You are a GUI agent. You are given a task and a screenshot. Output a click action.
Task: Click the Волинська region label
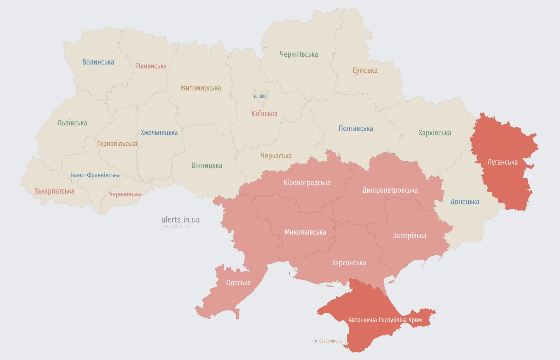[x=98, y=62]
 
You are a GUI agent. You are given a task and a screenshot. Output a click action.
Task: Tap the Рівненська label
[x=151, y=66]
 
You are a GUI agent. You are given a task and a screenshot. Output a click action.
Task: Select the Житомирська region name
[x=200, y=88]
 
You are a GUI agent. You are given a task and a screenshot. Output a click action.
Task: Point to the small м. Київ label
[x=260, y=96]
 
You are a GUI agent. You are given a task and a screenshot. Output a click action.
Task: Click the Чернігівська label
[x=299, y=54]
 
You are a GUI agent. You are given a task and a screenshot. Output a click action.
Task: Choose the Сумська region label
[x=365, y=71]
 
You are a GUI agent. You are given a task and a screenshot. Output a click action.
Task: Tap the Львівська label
[x=72, y=123]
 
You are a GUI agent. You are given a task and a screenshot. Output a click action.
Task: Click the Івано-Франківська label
[x=95, y=175]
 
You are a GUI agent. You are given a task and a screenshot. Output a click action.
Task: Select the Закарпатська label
[x=54, y=191]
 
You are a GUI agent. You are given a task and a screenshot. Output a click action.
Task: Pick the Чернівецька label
[x=125, y=194]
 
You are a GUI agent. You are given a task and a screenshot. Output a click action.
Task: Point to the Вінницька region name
[x=206, y=166]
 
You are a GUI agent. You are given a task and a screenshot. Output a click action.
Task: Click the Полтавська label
[x=356, y=128]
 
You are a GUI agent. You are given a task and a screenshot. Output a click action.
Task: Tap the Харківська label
[x=434, y=133]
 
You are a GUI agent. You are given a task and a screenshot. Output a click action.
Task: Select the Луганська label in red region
[x=502, y=162]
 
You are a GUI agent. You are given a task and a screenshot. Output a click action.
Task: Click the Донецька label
[x=465, y=202]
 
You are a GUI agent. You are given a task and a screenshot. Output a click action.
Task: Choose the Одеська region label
[x=238, y=283]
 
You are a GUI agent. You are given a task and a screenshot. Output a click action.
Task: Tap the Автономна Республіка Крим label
[x=385, y=320]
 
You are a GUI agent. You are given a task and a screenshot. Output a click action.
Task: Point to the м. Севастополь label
[x=328, y=341]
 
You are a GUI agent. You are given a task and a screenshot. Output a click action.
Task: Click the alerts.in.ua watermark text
[x=180, y=219]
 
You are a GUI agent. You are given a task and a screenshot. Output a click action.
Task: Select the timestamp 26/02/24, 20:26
[x=175, y=226]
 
